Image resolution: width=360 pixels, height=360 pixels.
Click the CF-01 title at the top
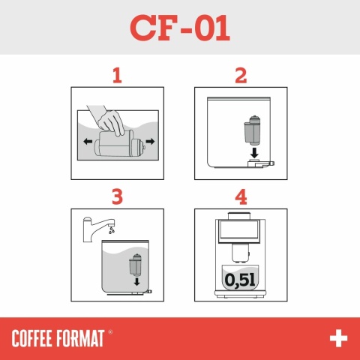[x=180, y=28]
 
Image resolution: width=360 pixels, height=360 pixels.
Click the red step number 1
[x=116, y=76]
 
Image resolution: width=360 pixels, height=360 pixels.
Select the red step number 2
[x=241, y=76]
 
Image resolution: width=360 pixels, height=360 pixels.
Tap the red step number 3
[x=116, y=197]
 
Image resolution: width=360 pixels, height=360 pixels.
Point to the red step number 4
[x=241, y=197]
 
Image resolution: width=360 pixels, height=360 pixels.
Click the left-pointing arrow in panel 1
[x=88, y=141]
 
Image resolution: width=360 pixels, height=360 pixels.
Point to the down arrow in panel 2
[x=254, y=153]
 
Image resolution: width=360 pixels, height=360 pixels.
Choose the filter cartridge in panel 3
[x=136, y=265]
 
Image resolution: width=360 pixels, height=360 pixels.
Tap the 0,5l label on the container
[x=241, y=280]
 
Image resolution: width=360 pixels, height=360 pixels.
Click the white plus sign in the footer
[x=338, y=338]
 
